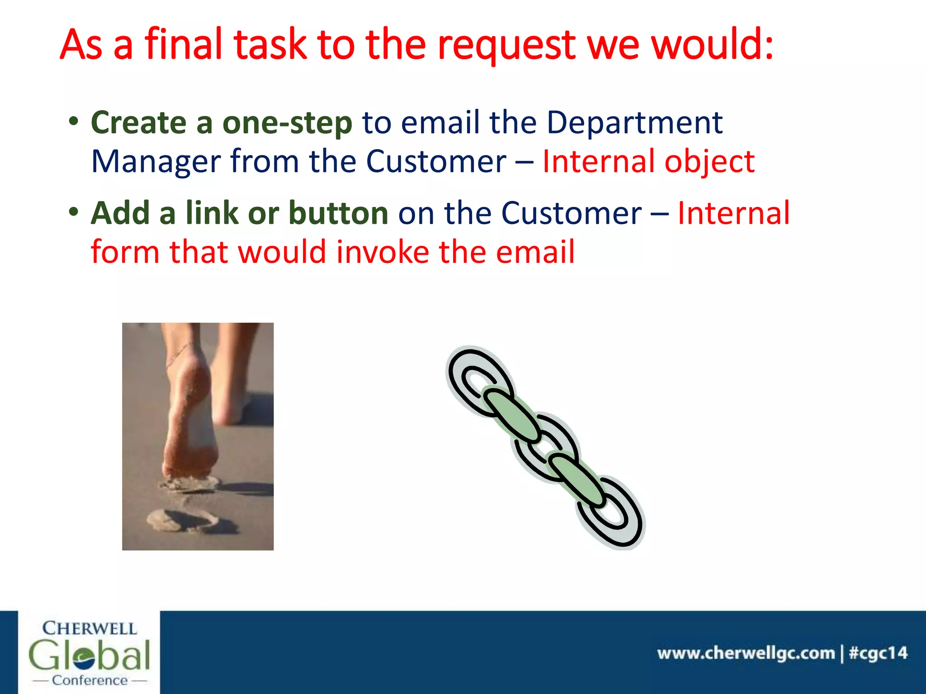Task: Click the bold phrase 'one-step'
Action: pos(287,123)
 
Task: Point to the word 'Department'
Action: pos(634,123)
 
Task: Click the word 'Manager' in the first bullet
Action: pos(156,162)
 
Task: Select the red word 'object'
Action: pos(709,162)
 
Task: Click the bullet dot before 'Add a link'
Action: pos(74,211)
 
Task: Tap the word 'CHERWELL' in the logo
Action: pos(89,628)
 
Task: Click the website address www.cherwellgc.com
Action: pos(746,653)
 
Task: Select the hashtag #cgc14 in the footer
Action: pos(878,653)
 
